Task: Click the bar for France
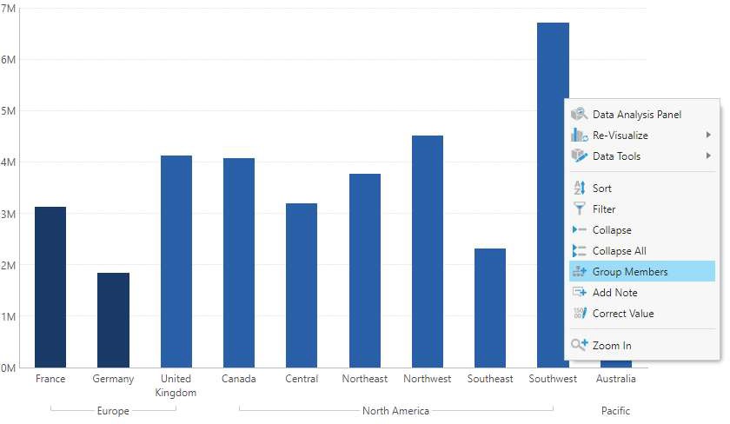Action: coord(50,287)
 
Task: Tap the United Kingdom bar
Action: coord(176,261)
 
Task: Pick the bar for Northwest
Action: coord(428,251)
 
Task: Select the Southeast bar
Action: coord(490,308)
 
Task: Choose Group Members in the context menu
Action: coord(630,272)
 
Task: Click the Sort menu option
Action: coord(602,189)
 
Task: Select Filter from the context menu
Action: coord(604,209)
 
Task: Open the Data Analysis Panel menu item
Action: coord(636,115)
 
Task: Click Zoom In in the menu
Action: coord(612,346)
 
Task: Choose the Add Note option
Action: coord(614,293)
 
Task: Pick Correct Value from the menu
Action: coord(622,314)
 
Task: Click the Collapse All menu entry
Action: coord(619,251)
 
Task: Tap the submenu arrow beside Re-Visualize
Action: coord(708,136)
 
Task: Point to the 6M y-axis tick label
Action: coord(10,60)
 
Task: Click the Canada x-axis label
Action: coord(239,379)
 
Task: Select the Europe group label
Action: coord(113,411)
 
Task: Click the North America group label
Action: coord(395,411)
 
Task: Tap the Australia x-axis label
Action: coord(616,379)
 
